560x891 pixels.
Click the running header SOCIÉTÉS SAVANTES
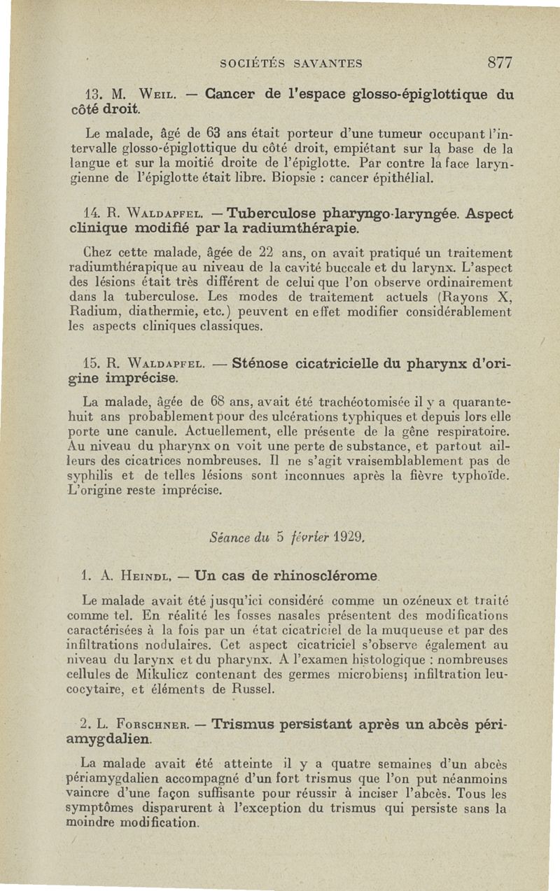(x=290, y=64)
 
